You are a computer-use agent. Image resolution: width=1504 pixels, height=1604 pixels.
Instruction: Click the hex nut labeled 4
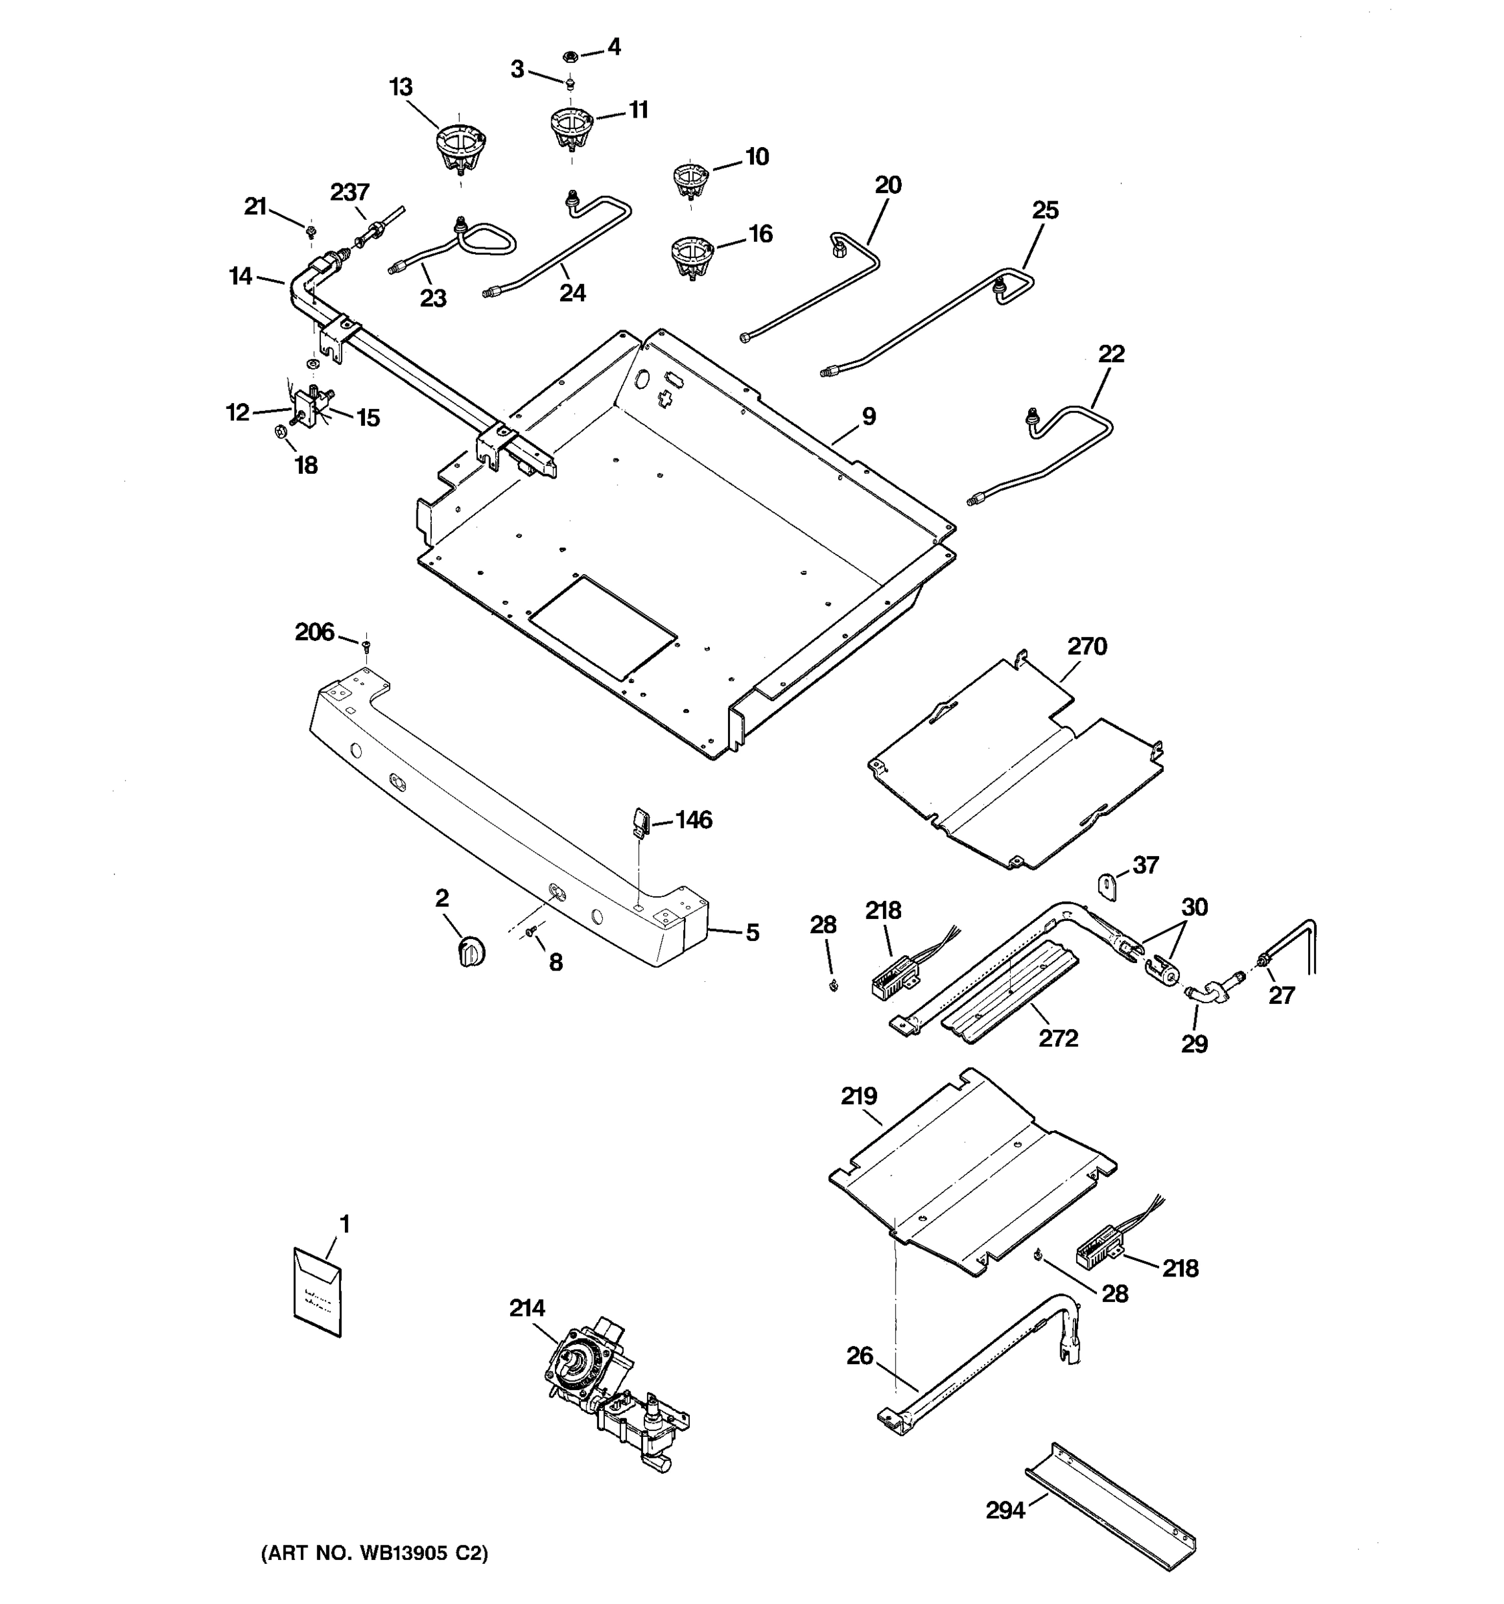[x=569, y=57]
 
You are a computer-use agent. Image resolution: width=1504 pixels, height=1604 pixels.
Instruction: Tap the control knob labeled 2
[x=471, y=950]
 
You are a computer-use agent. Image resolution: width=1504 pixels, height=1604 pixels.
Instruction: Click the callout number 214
[x=527, y=1308]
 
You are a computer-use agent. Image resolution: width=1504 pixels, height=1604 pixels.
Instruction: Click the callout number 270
[x=1087, y=646]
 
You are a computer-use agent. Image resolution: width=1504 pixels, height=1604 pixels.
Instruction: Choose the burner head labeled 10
[x=691, y=180]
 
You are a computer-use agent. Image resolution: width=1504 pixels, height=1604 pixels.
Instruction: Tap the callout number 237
[x=350, y=192]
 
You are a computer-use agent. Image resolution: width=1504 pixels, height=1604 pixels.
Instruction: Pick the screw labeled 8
[x=531, y=932]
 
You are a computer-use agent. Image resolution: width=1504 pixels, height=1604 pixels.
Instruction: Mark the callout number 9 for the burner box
[x=868, y=416]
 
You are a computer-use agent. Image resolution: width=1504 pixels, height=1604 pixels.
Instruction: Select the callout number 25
[x=1045, y=211]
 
